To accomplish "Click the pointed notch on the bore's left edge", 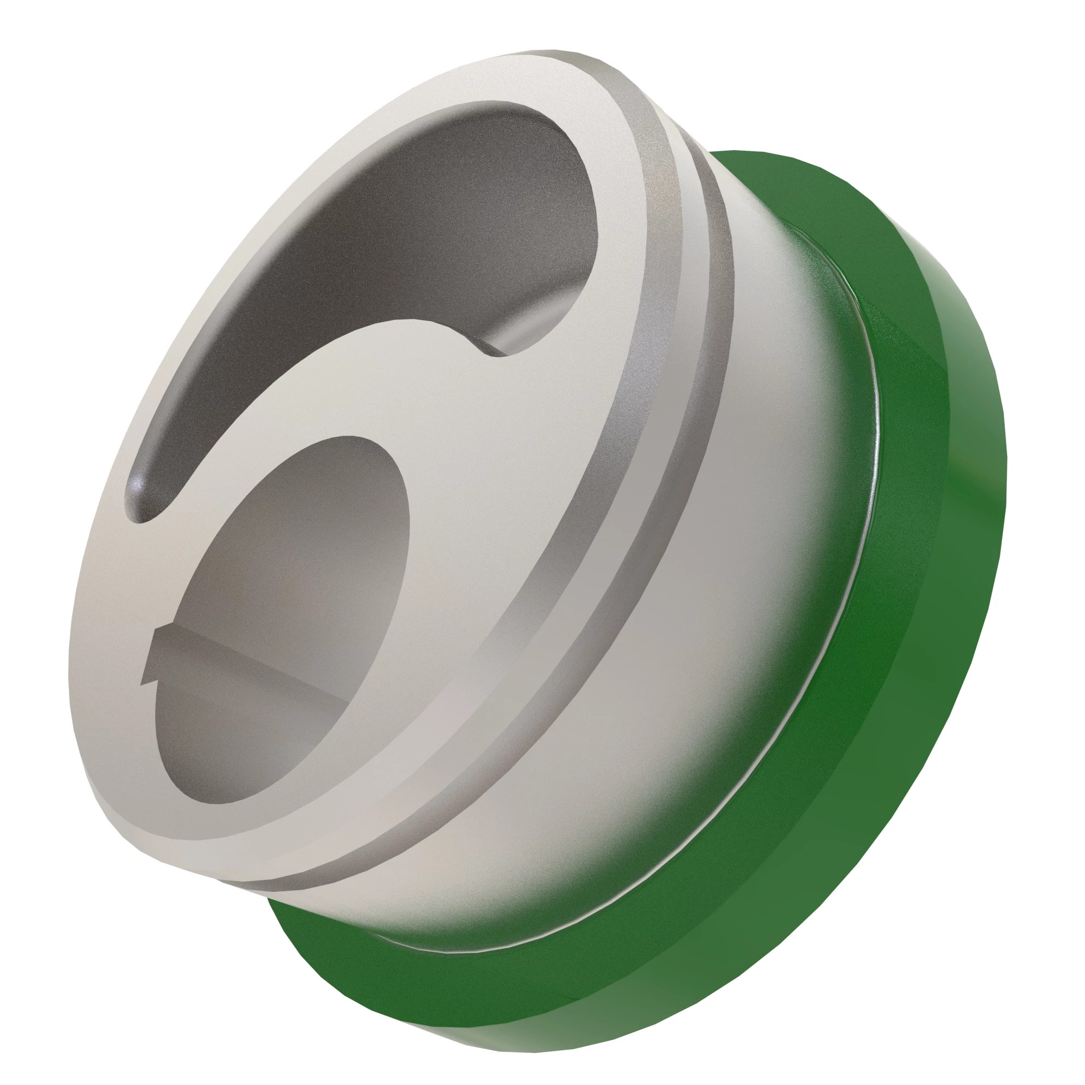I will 147,676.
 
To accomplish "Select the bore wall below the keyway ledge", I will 236,747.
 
